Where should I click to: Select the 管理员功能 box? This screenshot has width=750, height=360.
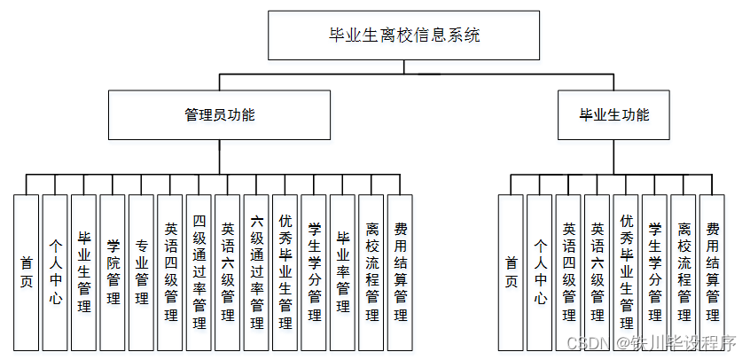pyautogui.click(x=219, y=114)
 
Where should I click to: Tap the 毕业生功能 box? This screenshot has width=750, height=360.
pyautogui.click(x=613, y=114)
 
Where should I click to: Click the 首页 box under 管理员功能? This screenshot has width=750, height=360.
pyautogui.click(x=27, y=271)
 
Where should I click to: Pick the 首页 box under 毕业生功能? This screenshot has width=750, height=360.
pyautogui.click(x=511, y=271)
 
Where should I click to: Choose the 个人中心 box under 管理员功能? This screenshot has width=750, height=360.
pyautogui.click(x=55, y=271)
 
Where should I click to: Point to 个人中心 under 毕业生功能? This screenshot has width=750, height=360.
pyautogui.click(x=540, y=271)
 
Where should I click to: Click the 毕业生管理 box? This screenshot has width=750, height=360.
pyautogui.click(x=84, y=271)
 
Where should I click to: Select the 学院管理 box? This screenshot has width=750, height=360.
pyautogui.click(x=113, y=271)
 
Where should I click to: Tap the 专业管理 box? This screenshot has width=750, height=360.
pyautogui.click(x=141, y=271)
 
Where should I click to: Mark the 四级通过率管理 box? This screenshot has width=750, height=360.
pyautogui.click(x=199, y=271)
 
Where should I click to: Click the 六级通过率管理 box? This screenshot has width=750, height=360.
pyautogui.click(x=256, y=271)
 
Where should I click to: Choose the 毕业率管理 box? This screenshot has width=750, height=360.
pyautogui.click(x=342, y=271)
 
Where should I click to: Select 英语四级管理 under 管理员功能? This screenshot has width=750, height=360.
pyautogui.click(x=170, y=271)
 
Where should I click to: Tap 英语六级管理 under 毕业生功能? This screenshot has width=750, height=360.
pyautogui.click(x=598, y=271)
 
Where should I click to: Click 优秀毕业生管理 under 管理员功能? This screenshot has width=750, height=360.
pyautogui.click(x=285, y=271)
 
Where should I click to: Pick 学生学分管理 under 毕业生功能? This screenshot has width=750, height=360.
pyautogui.click(x=655, y=271)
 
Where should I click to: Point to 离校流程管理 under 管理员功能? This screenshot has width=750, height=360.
pyautogui.click(x=371, y=271)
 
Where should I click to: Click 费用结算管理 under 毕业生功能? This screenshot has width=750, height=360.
pyautogui.click(x=713, y=271)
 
